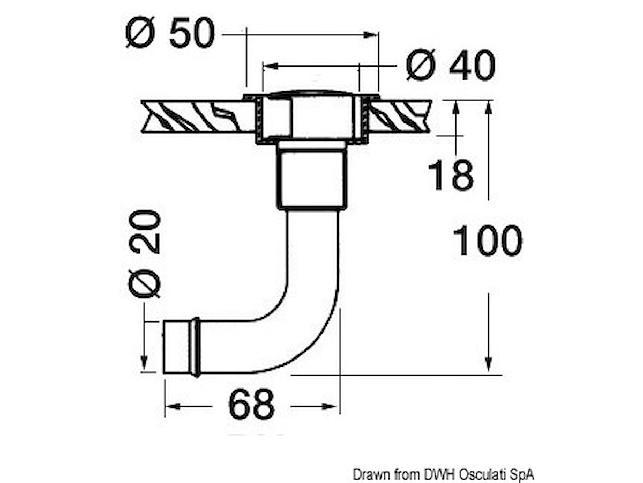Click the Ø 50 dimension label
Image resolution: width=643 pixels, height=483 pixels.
[170, 33]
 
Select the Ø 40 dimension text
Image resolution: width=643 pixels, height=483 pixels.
[451, 65]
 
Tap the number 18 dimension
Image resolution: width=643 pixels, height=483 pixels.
[451, 175]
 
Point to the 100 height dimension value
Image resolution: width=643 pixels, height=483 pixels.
[488, 240]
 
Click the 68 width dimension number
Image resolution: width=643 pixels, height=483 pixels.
[251, 404]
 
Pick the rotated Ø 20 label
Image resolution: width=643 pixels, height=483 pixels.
[145, 254]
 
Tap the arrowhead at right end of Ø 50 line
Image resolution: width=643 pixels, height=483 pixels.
[371, 35]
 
